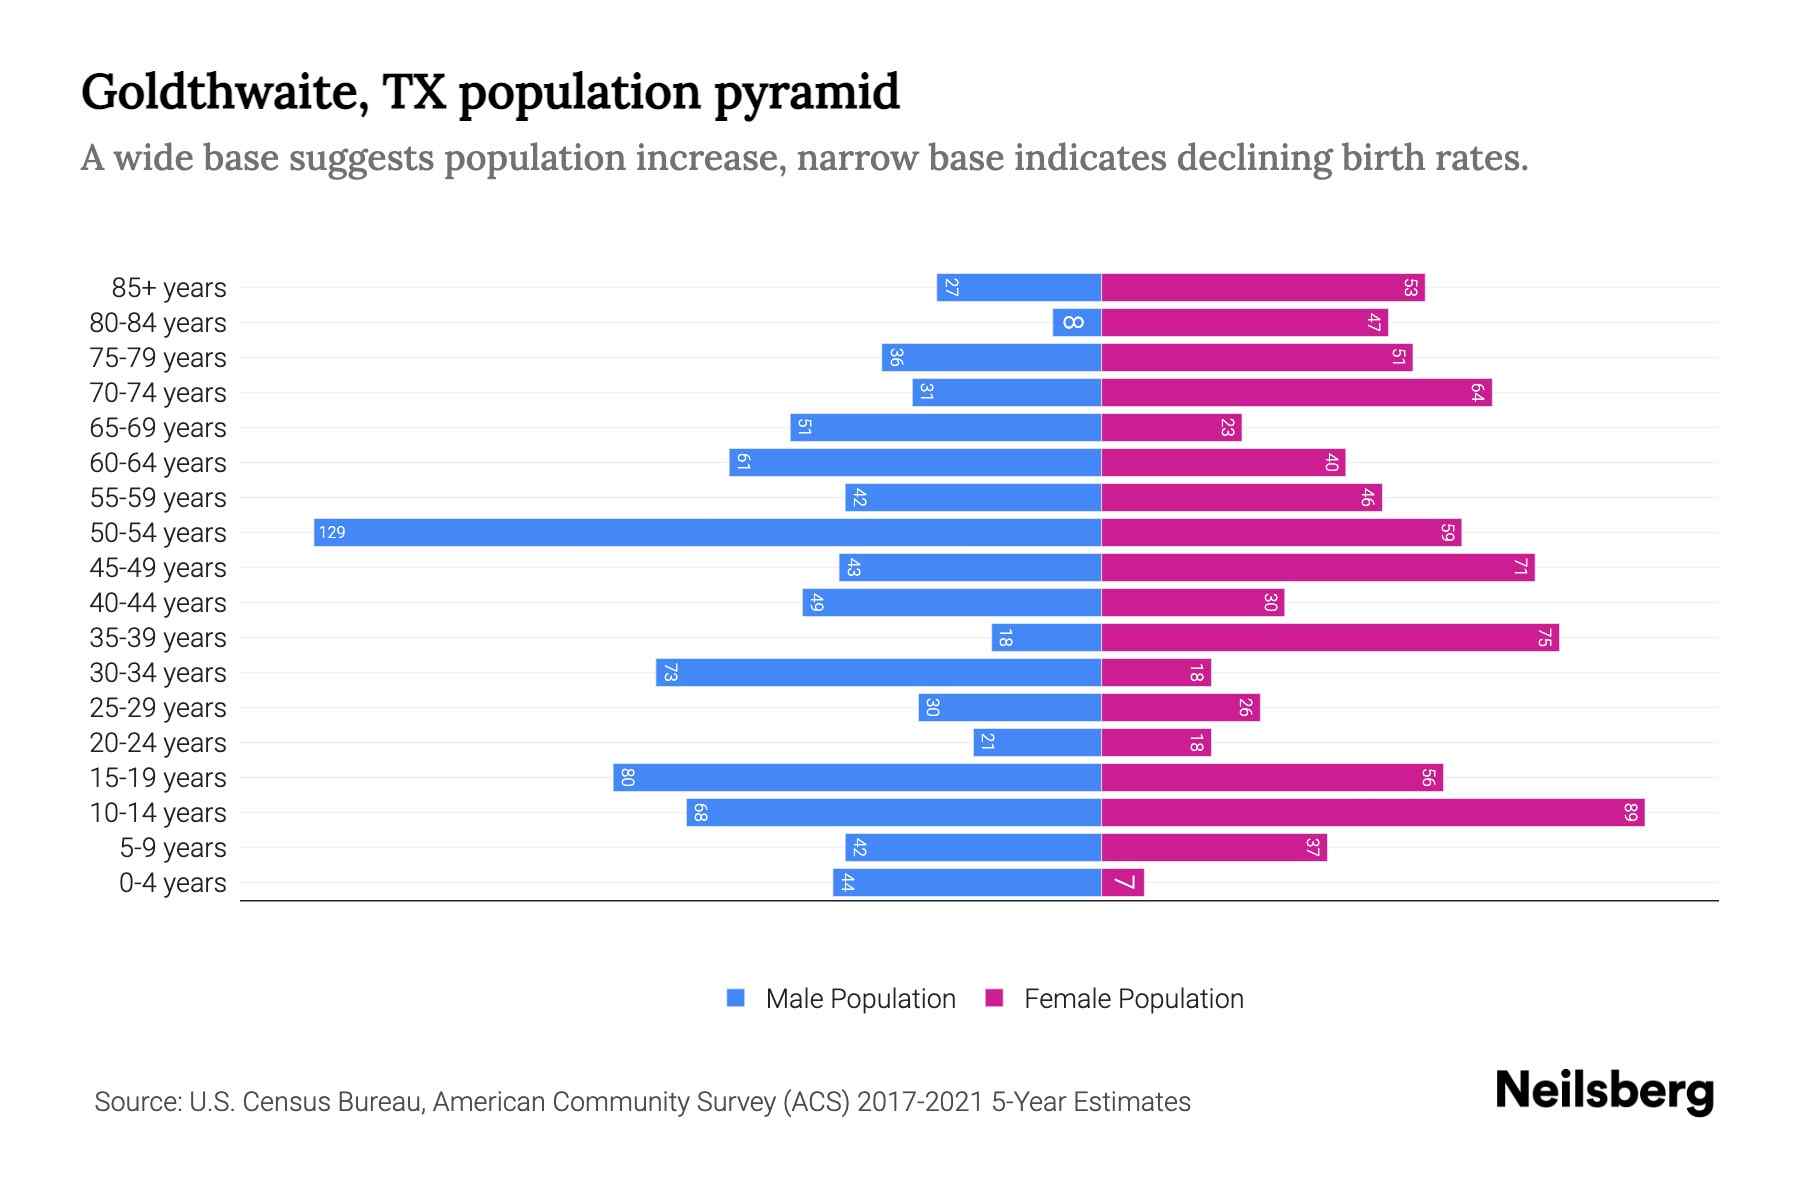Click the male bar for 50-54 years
click(707, 532)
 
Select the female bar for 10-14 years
click(1372, 812)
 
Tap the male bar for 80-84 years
click(1077, 322)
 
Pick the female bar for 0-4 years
click(1122, 882)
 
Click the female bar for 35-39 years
click(1330, 637)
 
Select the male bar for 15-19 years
click(857, 777)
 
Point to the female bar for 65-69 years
click(1171, 427)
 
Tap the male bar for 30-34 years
click(878, 672)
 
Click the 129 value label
click(332, 532)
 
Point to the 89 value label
click(1630, 812)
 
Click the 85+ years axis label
click(168, 288)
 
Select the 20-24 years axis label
click(158, 743)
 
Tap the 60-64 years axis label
click(158, 463)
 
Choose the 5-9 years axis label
click(172, 848)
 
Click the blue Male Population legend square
click(736, 998)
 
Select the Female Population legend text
click(1133, 998)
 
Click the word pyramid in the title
click(806, 92)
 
